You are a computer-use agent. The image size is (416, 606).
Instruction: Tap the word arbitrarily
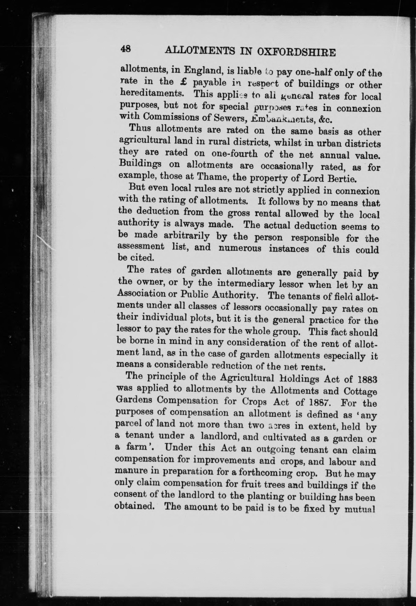click(187, 236)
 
